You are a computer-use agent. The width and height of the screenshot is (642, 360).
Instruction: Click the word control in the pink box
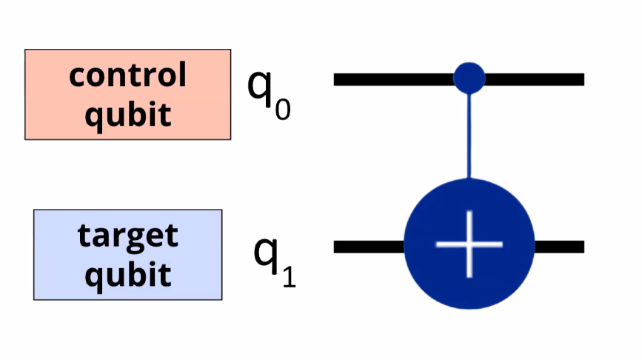coord(127,76)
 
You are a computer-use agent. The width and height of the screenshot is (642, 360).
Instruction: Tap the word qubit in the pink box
coord(127,114)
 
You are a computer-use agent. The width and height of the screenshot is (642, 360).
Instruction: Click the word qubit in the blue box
coord(127,274)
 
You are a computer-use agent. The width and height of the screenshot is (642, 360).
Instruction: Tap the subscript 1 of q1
coord(288,277)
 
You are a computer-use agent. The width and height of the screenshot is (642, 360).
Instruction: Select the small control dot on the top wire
coord(469,77)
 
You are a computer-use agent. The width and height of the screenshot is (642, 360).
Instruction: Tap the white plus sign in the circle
coord(469,244)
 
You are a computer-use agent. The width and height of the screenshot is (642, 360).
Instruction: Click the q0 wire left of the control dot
coord(392,79)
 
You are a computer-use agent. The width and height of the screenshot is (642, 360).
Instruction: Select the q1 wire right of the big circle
coord(559,247)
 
